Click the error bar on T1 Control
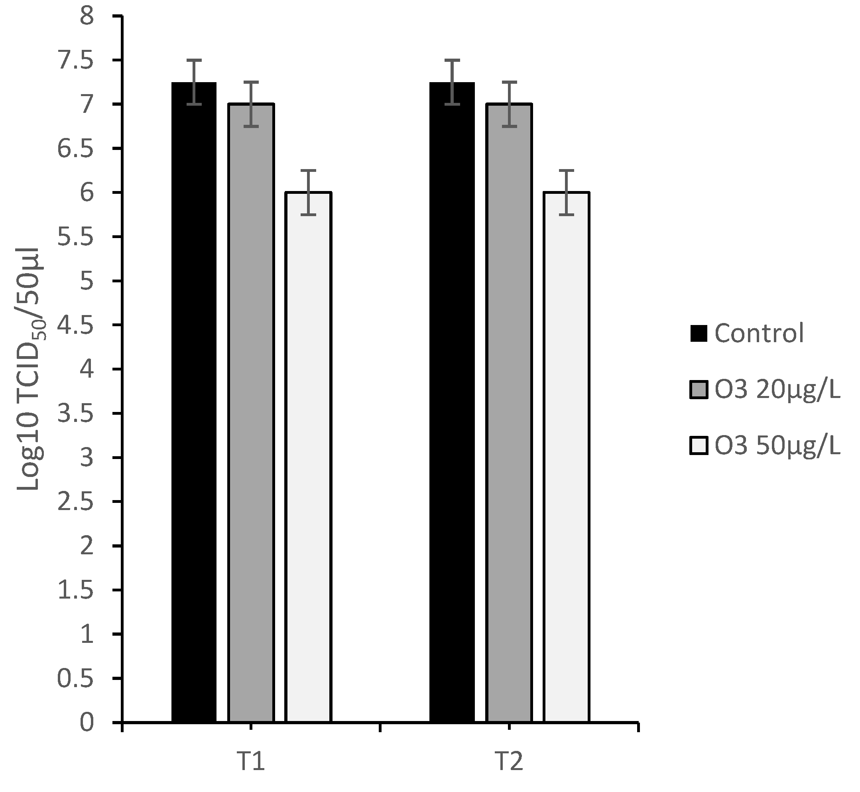194,82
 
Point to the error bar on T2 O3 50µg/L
567,193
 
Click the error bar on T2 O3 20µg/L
509,104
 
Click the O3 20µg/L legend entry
765,390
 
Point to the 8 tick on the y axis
87,17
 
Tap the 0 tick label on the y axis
87,723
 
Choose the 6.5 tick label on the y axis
75,149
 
